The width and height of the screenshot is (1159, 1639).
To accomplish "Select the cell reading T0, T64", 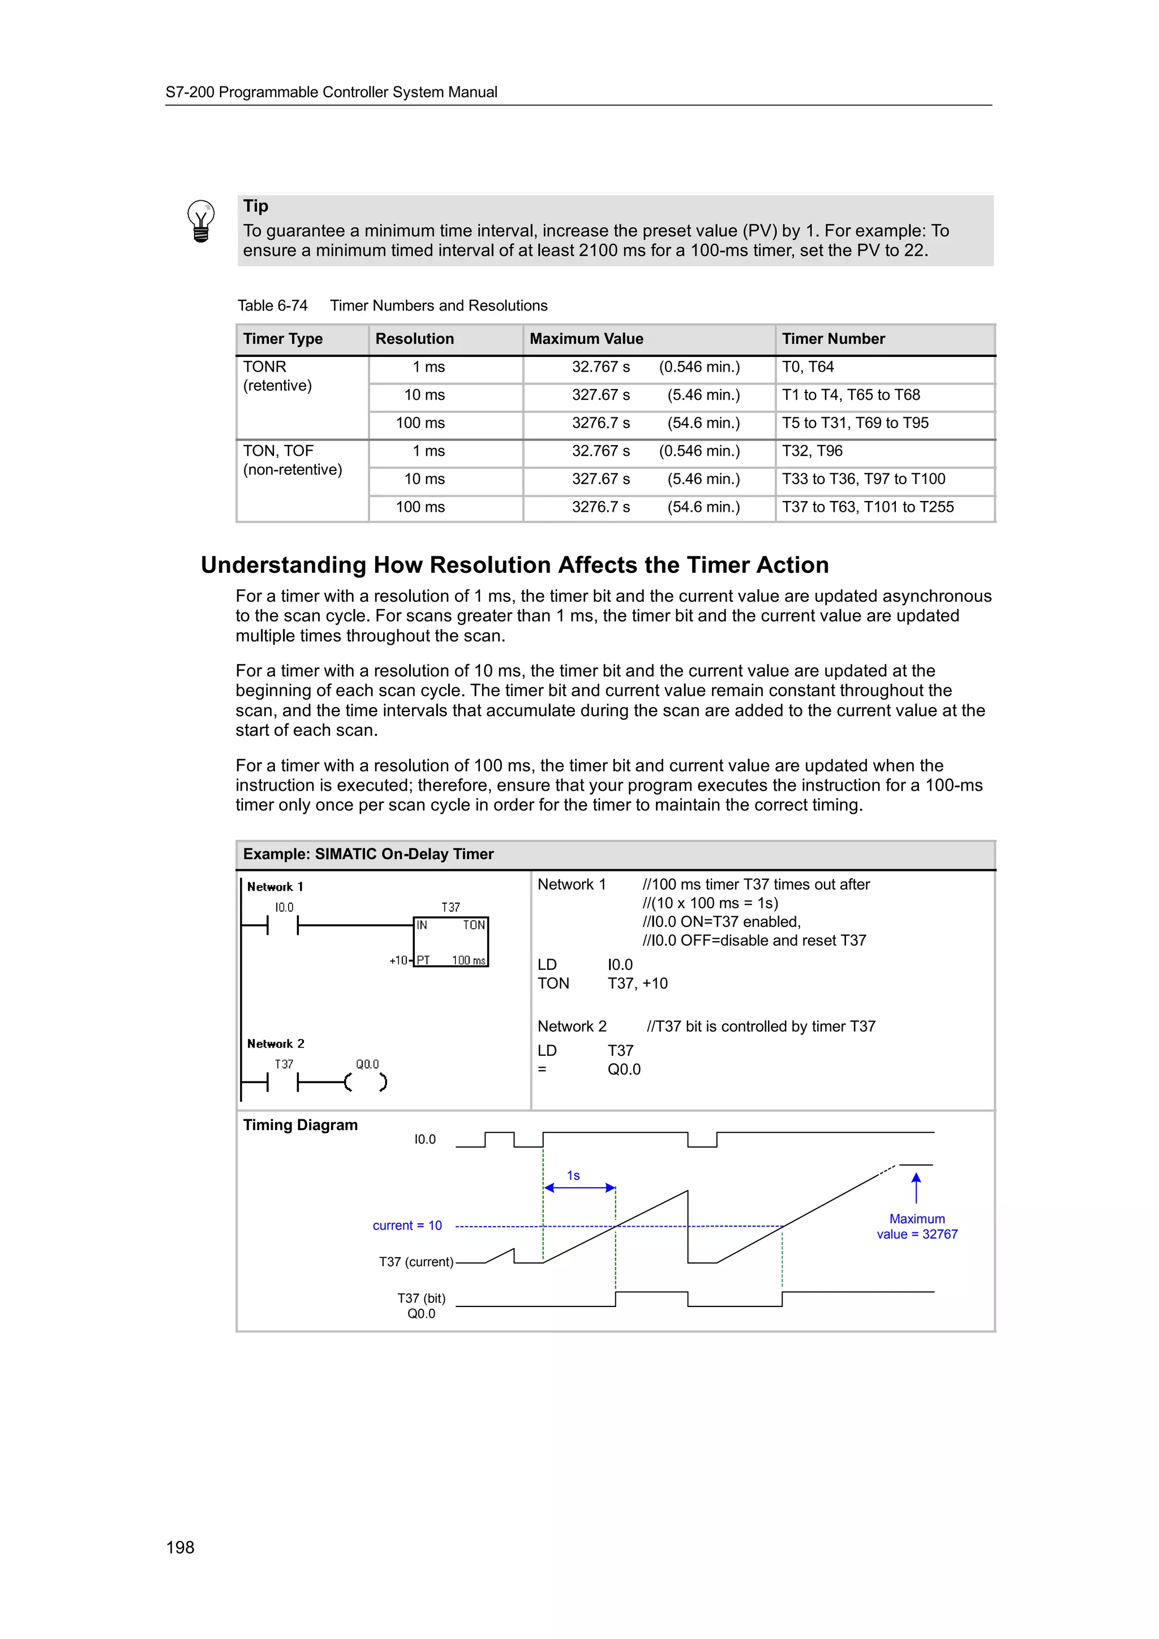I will click(x=808, y=367).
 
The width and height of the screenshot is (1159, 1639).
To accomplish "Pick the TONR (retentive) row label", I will click(x=277, y=376).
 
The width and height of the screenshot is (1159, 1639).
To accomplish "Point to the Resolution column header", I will click(x=414, y=339).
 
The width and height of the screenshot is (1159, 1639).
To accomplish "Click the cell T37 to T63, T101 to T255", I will click(x=867, y=507).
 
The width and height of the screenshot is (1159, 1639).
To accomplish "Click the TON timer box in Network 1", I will click(x=450, y=942).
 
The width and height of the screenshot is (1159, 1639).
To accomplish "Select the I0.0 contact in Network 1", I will click(x=283, y=925).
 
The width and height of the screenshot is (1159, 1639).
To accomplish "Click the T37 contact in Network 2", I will click(x=283, y=1082).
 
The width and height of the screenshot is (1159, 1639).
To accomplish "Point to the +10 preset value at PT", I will click(x=398, y=961).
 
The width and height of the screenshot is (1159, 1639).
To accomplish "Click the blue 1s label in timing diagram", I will click(x=573, y=1175).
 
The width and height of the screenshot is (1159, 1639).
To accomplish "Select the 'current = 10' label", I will click(x=407, y=1226).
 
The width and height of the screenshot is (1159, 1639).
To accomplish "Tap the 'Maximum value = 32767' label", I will click(x=917, y=1226).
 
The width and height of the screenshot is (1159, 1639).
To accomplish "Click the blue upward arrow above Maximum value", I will click(x=916, y=1187).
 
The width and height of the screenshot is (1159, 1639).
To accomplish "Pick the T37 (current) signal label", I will click(x=415, y=1262).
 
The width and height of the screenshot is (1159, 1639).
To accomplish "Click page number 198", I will click(x=180, y=1547).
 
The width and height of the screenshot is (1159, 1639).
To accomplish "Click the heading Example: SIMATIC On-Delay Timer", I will click(x=368, y=855).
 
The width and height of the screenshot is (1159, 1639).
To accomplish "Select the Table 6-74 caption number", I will click(x=272, y=305).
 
